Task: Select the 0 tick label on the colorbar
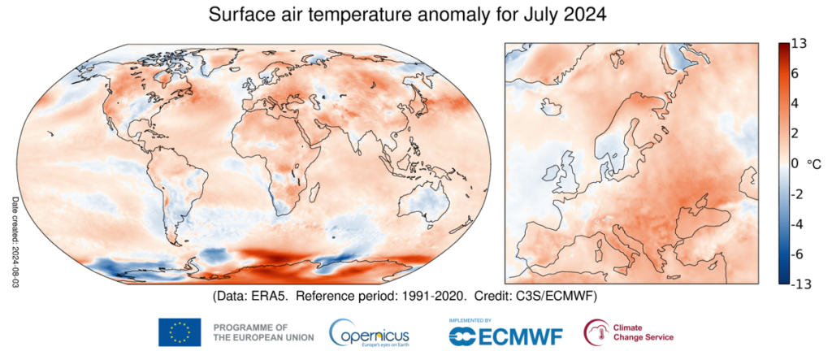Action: (796, 163)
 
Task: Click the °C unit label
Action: (814, 163)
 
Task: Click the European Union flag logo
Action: (180, 332)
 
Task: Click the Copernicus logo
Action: (370, 332)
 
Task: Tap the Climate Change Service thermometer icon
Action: (596, 331)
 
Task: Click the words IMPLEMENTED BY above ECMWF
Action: (470, 320)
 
